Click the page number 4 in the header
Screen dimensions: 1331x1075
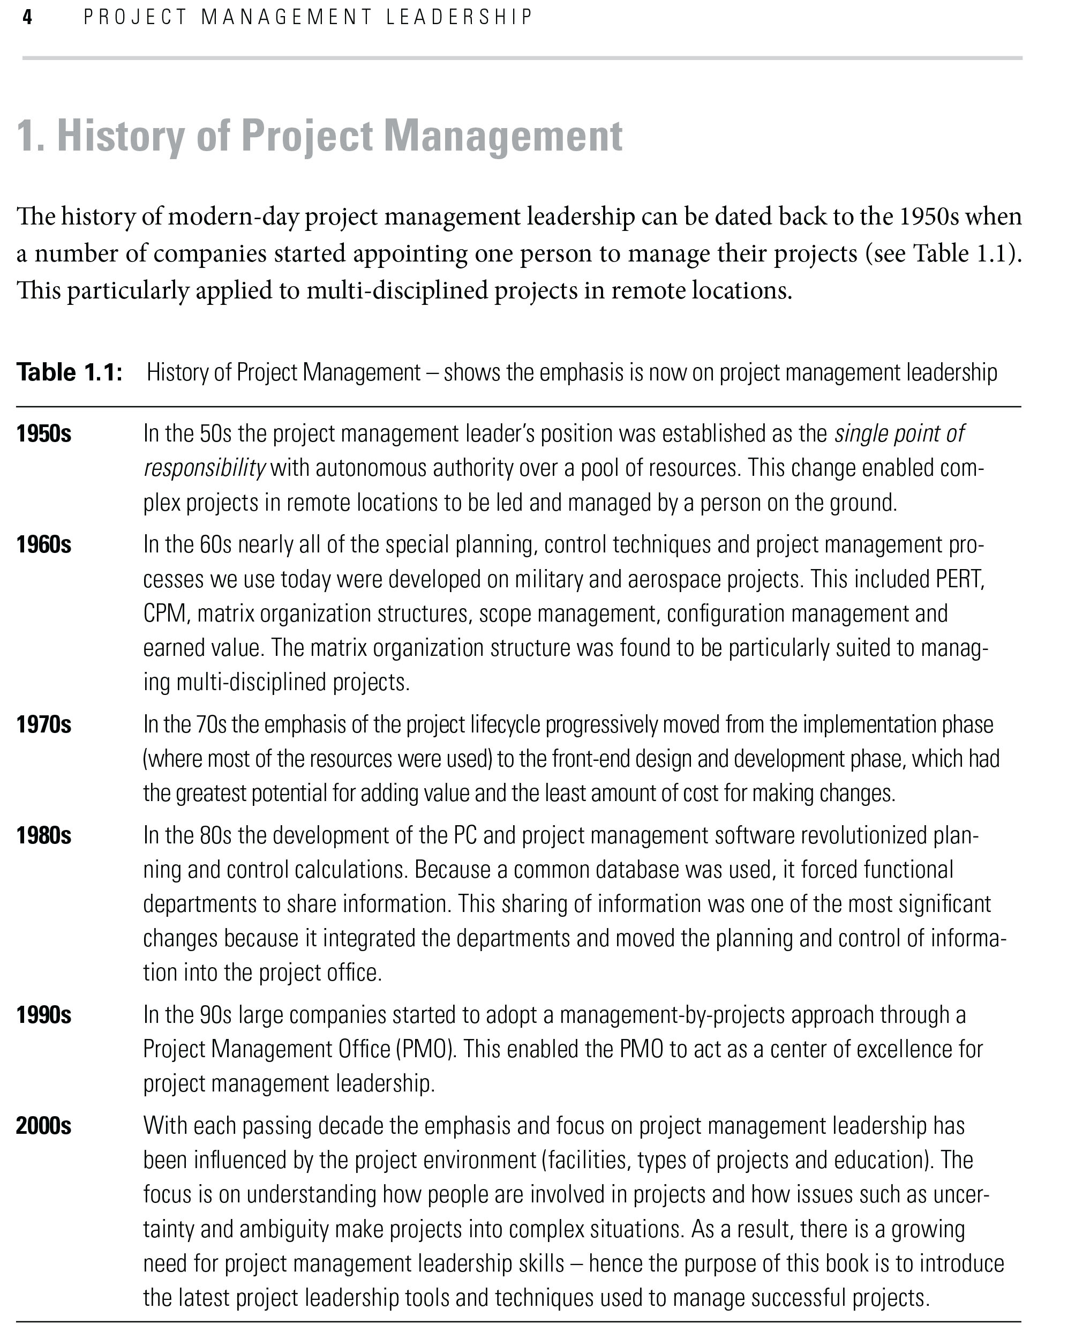point(27,17)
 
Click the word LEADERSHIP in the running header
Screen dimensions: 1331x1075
point(458,17)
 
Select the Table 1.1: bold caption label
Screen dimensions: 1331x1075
point(69,373)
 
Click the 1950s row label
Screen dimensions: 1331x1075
point(43,434)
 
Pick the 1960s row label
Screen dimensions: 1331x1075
point(43,545)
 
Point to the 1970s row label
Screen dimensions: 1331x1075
point(43,724)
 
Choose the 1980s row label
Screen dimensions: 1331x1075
point(43,835)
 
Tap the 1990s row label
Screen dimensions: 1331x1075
point(43,1015)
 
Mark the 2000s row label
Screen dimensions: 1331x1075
point(43,1126)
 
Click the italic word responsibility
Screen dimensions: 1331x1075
point(205,468)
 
